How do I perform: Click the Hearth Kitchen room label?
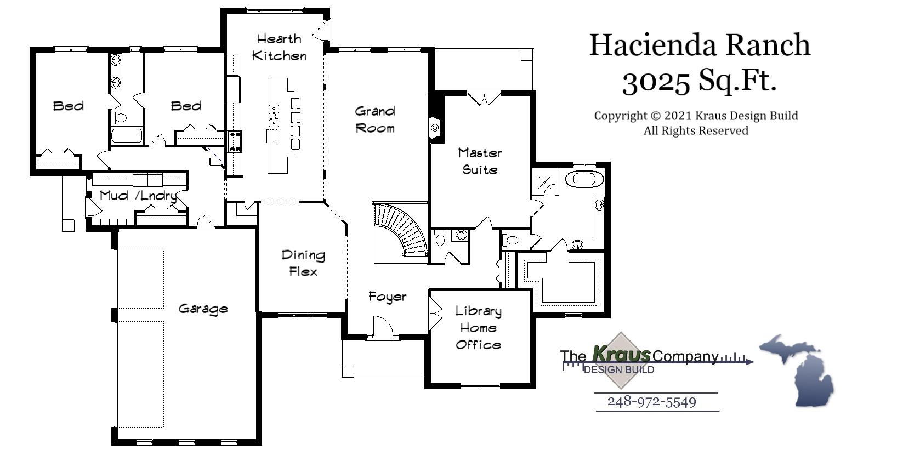[x=279, y=47]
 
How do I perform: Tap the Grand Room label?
[x=375, y=119]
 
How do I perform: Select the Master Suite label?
[x=480, y=161]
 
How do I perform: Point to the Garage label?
[x=203, y=309]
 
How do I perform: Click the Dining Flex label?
[x=303, y=263]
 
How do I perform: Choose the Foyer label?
[x=387, y=297]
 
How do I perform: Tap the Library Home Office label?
[x=478, y=328]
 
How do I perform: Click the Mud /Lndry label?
[x=138, y=196]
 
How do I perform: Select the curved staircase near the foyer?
[x=403, y=230]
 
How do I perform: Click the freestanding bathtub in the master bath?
[x=584, y=179]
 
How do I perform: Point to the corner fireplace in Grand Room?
[x=435, y=128]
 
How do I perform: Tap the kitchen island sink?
[x=273, y=116]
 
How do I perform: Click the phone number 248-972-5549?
[x=651, y=402]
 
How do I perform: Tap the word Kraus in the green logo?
[x=621, y=355]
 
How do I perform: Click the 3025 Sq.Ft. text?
[x=699, y=81]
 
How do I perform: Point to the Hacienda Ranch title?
[x=699, y=45]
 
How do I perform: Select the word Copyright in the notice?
[x=620, y=116]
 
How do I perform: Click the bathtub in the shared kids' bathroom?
[x=127, y=135]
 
